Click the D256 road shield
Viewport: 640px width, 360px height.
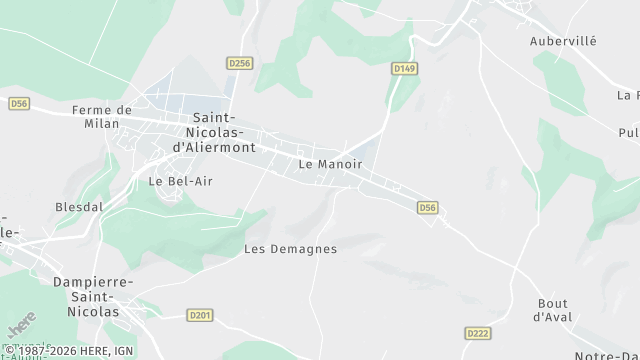239,63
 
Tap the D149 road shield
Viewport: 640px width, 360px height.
403,69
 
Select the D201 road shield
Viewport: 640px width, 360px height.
200,315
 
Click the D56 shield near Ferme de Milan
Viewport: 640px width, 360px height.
20,103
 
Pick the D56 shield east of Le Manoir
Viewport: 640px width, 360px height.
428,207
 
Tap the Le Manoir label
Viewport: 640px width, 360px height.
330,163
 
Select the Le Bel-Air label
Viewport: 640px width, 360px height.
181,182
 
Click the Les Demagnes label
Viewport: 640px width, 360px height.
290,249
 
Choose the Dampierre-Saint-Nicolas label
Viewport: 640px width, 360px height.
86,297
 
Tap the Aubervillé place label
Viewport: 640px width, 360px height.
562,43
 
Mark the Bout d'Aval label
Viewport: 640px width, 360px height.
551,310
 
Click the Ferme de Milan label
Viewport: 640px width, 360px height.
102,117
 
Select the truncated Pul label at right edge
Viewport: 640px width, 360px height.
628,132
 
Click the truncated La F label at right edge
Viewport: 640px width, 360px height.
628,96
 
